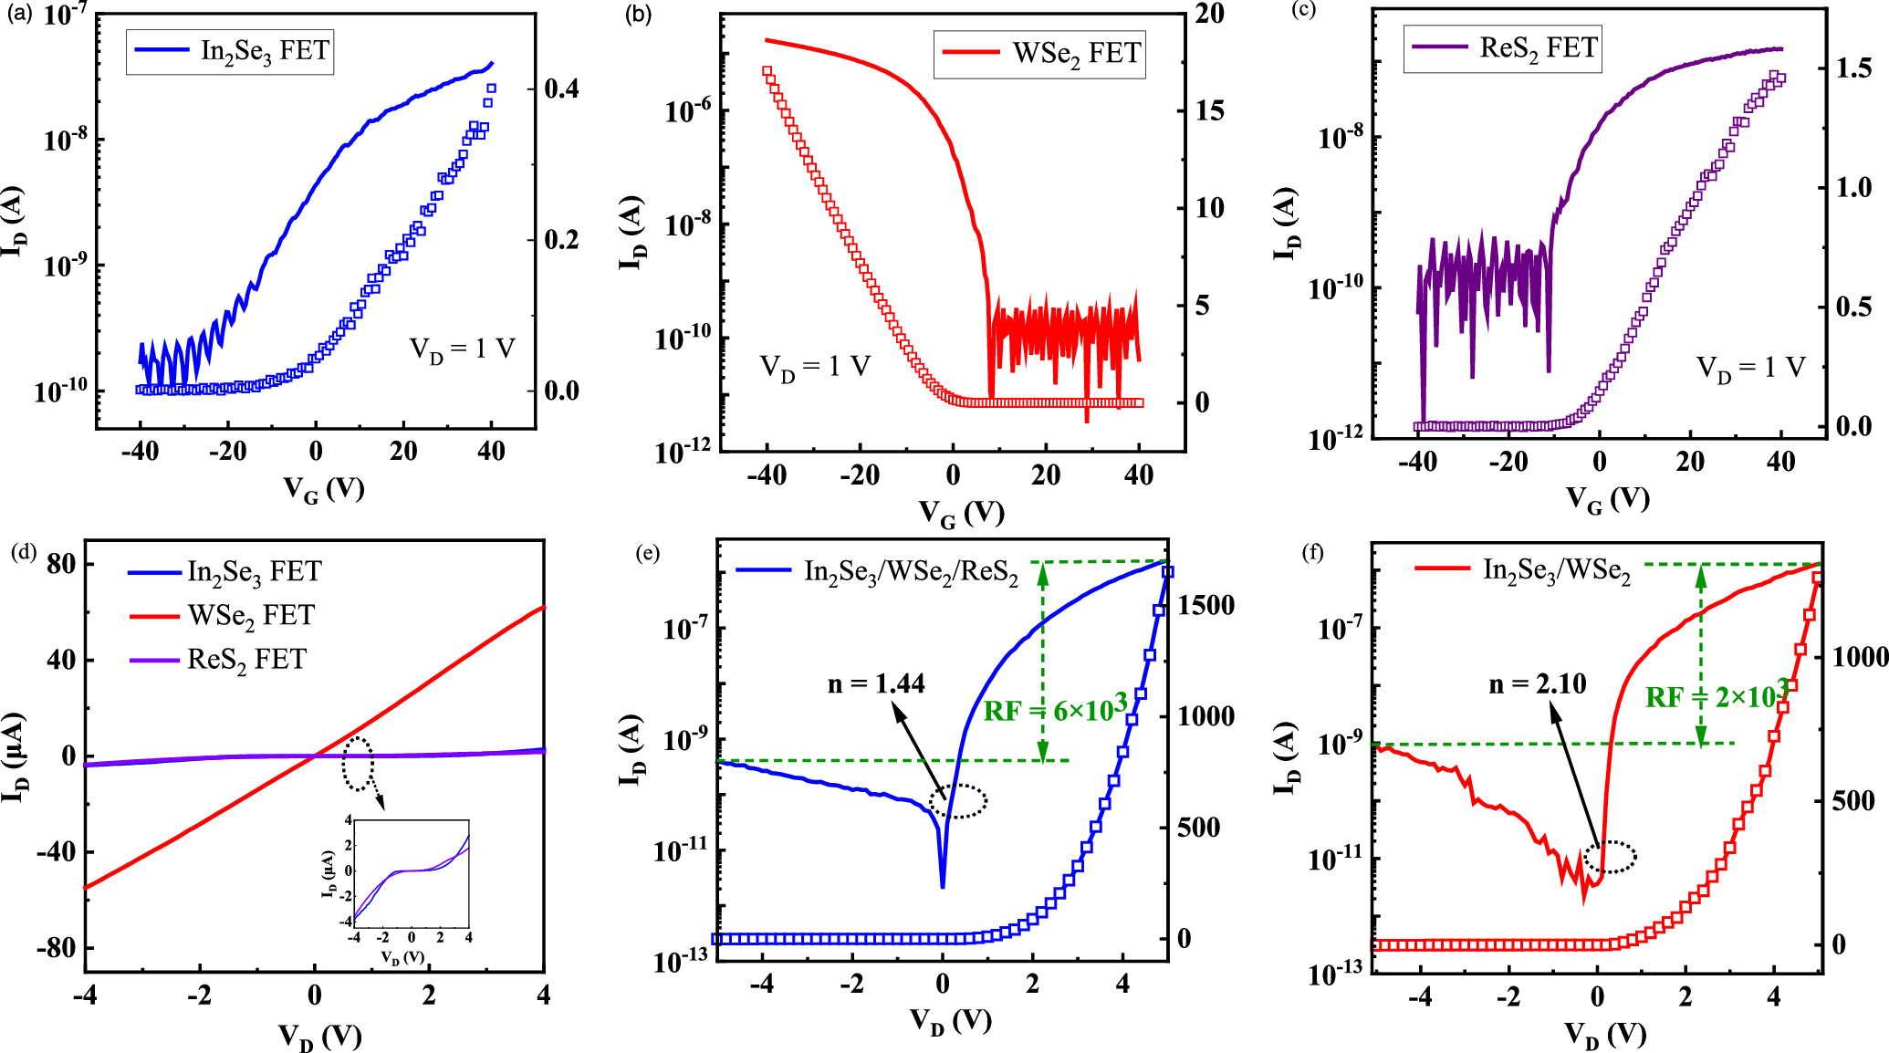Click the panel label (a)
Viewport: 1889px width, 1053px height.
[19, 14]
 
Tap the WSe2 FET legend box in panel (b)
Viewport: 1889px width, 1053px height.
[1039, 54]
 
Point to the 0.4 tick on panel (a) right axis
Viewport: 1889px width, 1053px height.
[562, 89]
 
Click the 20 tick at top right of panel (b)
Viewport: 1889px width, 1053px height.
[1210, 14]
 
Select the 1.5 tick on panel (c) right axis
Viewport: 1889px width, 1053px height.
[1853, 68]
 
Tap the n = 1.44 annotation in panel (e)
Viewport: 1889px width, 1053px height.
[876, 683]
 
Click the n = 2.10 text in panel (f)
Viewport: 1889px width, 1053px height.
[1538, 683]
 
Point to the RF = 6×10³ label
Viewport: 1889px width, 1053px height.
[1057, 710]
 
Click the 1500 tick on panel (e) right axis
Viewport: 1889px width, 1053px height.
[1205, 605]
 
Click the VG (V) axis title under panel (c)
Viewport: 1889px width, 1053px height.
[1608, 498]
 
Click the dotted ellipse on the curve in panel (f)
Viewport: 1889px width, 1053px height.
[1610, 857]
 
